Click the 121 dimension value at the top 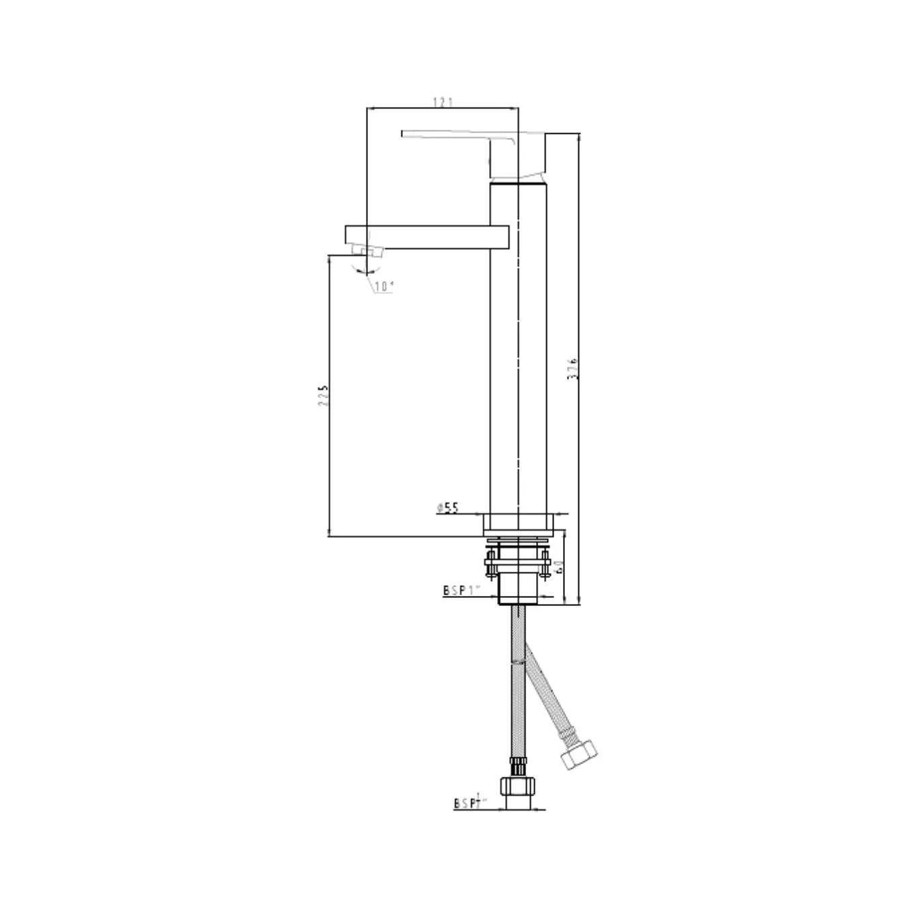(443, 102)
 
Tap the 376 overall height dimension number (573, 369)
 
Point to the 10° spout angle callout (384, 287)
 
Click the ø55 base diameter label (448, 508)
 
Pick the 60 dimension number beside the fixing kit (558, 566)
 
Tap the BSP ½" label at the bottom (469, 802)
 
